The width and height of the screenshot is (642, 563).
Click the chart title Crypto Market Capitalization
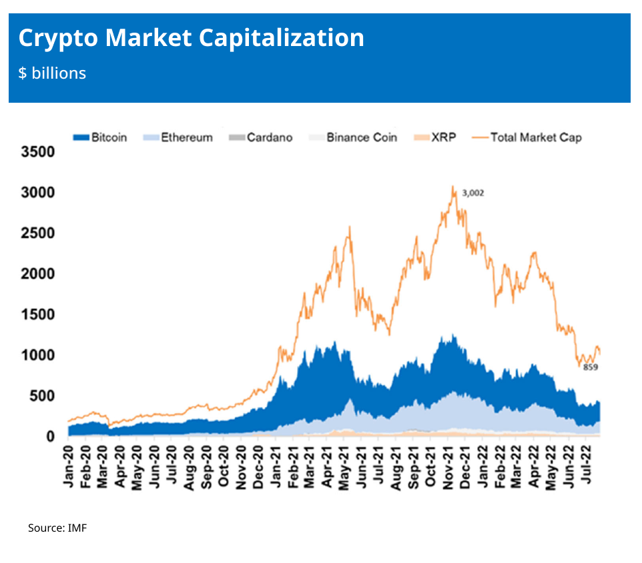(x=191, y=38)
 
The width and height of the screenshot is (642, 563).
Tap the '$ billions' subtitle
(x=52, y=73)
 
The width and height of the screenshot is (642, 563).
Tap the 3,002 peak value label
(x=472, y=193)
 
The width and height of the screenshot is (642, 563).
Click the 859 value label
(x=590, y=368)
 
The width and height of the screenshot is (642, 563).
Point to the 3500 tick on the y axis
(x=38, y=152)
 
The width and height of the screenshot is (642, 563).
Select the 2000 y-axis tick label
(x=38, y=274)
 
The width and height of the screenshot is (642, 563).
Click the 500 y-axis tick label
(x=43, y=396)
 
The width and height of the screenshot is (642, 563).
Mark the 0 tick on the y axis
(x=51, y=437)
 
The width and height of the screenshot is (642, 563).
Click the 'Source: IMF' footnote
(x=57, y=528)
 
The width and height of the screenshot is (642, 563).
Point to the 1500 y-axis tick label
(x=38, y=315)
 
